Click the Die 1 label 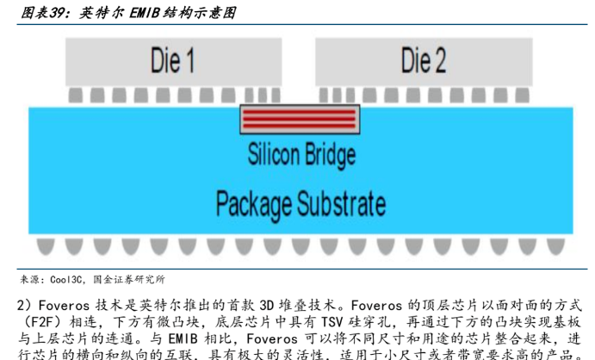click(x=172, y=60)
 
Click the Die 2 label click(x=423, y=60)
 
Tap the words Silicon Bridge click(x=301, y=155)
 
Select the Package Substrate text click(x=301, y=204)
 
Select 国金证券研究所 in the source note click(x=128, y=281)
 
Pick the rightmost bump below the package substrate click(x=557, y=247)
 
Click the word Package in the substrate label click(x=253, y=204)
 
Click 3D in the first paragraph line click(x=262, y=305)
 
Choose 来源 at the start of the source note click(x=29, y=281)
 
